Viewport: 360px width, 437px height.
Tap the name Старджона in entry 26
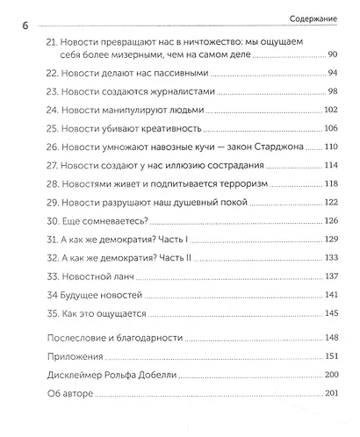[272, 147]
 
